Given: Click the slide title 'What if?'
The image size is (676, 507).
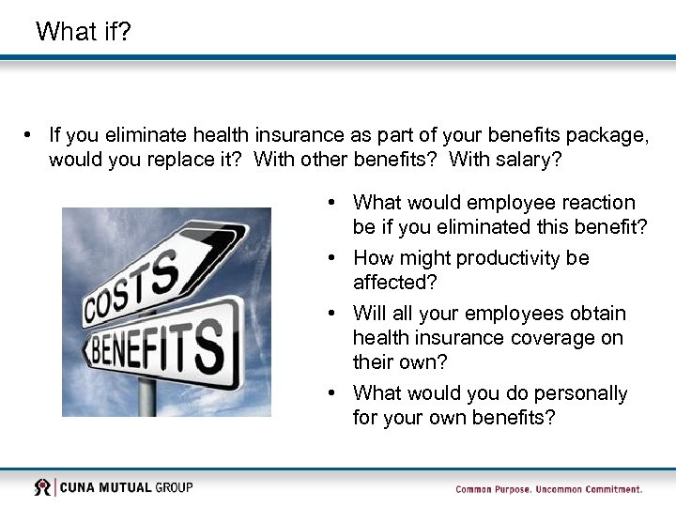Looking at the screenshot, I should (x=83, y=31).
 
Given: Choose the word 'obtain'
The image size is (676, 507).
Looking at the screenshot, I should (x=595, y=314).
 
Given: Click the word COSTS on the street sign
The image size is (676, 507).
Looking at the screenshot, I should (x=132, y=286).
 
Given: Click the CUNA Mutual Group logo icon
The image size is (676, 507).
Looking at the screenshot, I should (x=43, y=487).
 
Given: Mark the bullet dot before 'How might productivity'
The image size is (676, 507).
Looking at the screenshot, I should (x=333, y=258).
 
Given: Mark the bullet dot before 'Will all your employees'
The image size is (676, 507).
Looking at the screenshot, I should (x=333, y=314).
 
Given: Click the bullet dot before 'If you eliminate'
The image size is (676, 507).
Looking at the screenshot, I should (x=31, y=135).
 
